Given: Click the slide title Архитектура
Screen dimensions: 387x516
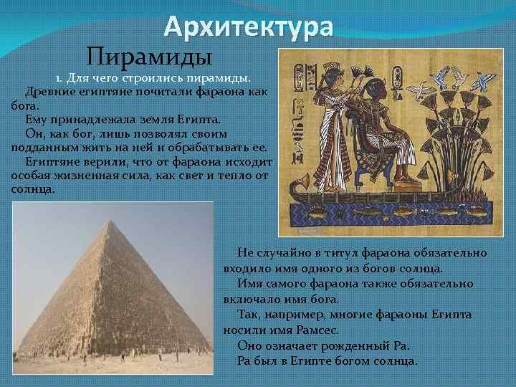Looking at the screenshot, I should (248, 27).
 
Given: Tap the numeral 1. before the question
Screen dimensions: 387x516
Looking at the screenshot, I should (59, 77).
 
